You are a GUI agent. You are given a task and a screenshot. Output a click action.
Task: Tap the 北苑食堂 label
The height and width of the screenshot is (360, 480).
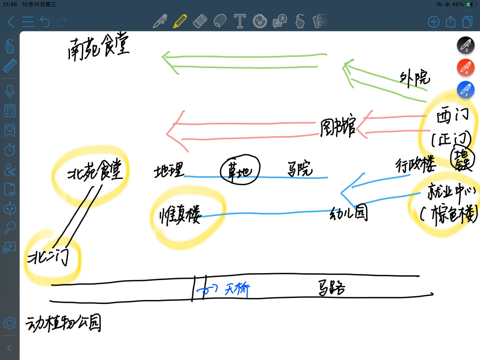[x=95, y=170]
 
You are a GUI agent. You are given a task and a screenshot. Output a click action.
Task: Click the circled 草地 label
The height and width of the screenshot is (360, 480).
[x=240, y=170]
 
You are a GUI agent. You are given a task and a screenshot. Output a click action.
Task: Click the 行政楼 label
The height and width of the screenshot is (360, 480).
[x=415, y=164]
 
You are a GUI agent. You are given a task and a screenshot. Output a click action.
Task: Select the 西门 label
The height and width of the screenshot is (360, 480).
[x=452, y=116]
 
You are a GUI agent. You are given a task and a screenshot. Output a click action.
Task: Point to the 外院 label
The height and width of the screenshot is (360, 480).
[x=415, y=79]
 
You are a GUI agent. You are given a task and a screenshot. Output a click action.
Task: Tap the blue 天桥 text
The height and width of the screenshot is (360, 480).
[x=237, y=289]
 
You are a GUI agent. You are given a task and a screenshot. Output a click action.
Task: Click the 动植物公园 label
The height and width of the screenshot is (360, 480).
[x=63, y=323]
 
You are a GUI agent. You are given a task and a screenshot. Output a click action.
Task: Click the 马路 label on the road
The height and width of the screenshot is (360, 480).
[x=331, y=288]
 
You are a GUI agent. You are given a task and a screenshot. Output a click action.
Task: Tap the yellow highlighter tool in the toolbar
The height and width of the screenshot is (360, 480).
[x=180, y=22]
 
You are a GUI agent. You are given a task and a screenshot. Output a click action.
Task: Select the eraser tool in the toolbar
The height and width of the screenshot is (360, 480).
[x=200, y=22]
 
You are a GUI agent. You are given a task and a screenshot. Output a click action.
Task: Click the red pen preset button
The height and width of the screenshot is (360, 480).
[x=465, y=68]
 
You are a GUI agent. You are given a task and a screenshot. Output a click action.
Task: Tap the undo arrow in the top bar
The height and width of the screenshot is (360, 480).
[x=45, y=22]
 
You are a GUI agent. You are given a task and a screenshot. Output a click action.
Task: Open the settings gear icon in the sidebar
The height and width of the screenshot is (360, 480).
[x=10, y=323]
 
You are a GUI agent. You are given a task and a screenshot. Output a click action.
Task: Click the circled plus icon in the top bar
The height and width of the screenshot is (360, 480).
[x=434, y=22]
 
